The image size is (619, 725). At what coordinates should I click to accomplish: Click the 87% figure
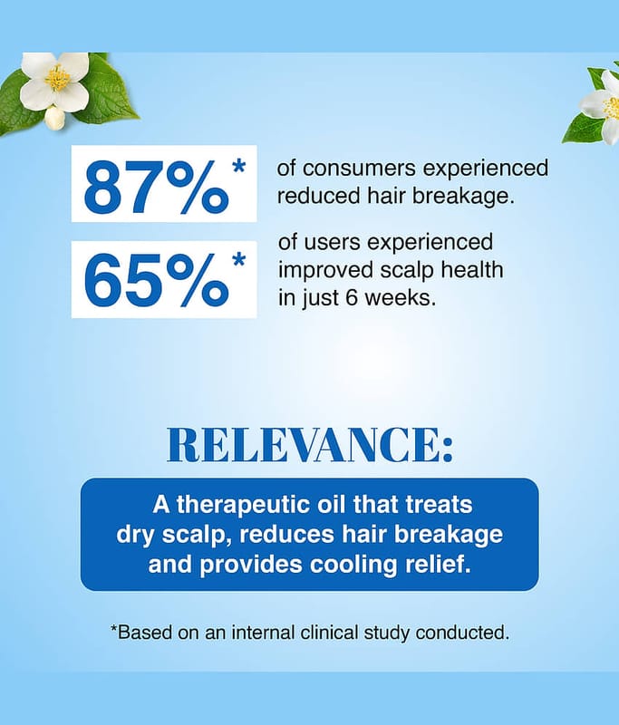pos(156,188)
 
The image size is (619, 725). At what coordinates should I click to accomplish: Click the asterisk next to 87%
pos(238,167)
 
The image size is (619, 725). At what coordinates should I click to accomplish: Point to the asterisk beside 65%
pos(238,260)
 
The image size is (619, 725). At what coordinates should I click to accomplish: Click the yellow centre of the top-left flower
pos(57,78)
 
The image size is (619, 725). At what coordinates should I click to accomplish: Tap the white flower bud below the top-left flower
pos(55,118)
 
